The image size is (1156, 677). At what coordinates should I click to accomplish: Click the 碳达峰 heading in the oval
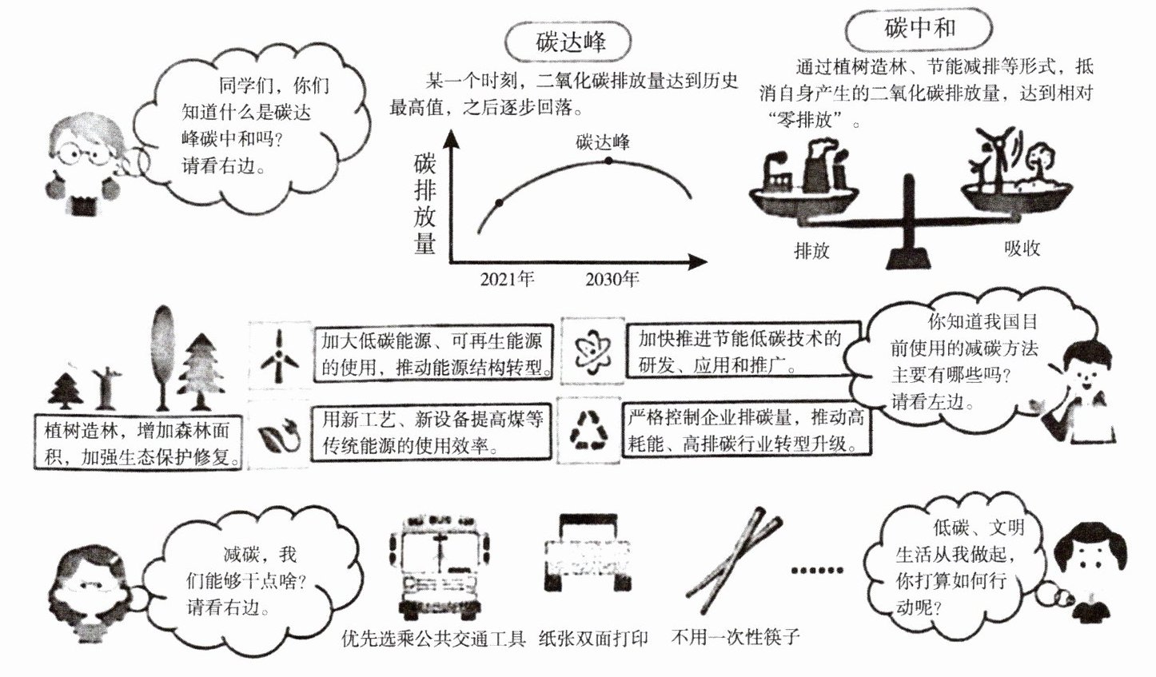click(570, 42)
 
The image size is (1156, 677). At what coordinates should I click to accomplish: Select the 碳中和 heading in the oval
click(919, 29)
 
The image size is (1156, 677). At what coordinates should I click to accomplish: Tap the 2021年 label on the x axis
click(507, 279)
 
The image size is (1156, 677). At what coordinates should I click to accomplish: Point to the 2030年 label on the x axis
click(612, 279)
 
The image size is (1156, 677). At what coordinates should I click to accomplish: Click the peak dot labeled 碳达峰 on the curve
click(608, 161)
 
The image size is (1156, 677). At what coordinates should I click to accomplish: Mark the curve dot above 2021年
click(499, 202)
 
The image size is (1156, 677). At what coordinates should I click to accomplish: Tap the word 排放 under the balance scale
click(811, 250)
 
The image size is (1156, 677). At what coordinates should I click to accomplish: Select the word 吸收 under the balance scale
click(1022, 248)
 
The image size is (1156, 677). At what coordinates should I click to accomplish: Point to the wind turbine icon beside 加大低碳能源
click(279, 355)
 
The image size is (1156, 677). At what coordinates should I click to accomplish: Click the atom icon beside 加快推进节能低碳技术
click(592, 350)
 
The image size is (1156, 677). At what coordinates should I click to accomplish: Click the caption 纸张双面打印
click(593, 638)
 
